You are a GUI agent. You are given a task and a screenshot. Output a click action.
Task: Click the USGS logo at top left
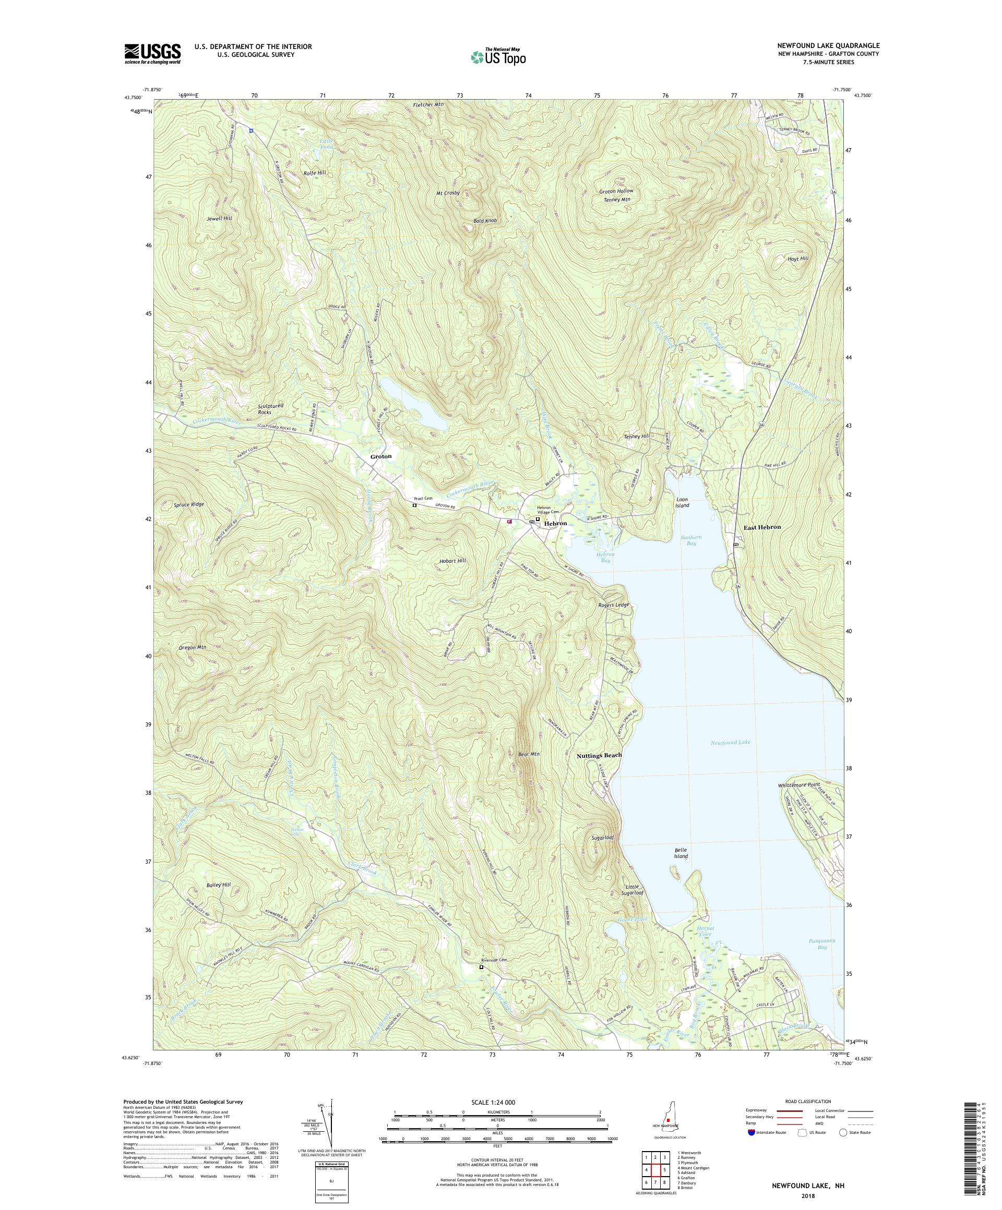point(152,54)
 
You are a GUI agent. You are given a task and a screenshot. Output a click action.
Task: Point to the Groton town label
point(380,456)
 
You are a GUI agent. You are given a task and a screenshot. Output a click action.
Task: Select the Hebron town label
point(556,523)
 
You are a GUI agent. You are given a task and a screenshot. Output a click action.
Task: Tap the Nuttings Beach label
point(600,755)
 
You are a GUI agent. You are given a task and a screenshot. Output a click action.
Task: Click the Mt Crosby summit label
point(448,193)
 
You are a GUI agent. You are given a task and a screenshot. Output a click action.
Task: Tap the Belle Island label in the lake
point(681,853)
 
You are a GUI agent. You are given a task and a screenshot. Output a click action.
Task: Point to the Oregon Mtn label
point(193,647)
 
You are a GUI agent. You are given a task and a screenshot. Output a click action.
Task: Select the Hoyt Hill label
point(798,259)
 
